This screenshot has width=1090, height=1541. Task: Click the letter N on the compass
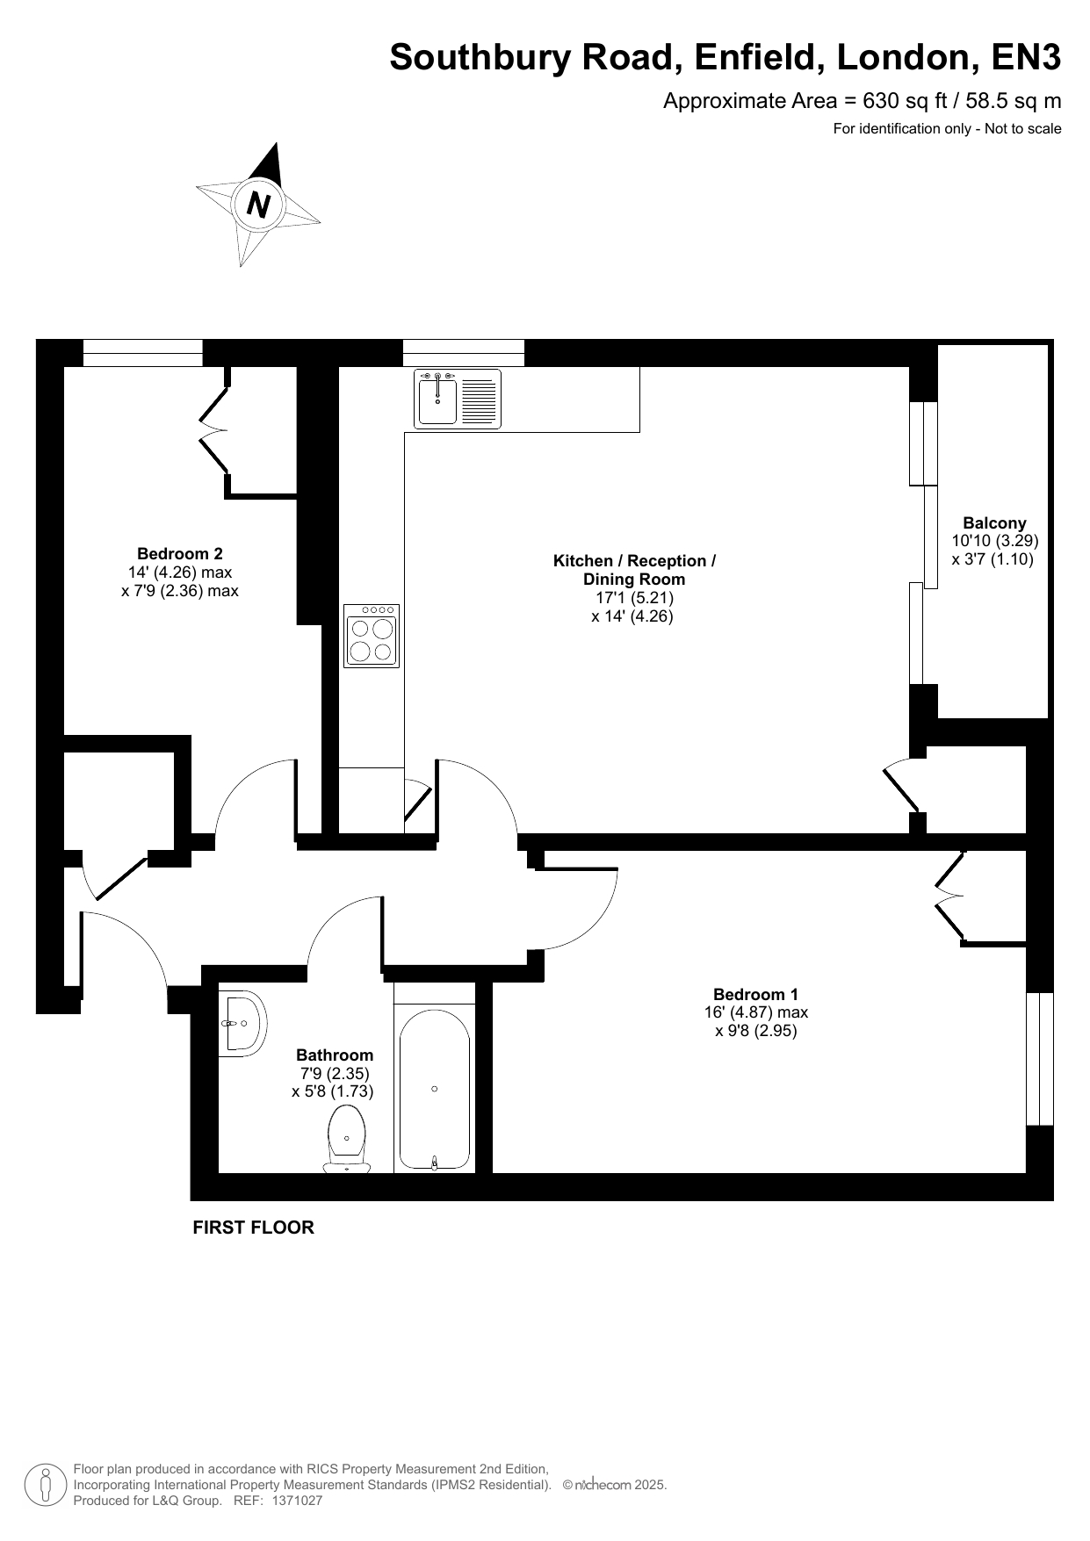tap(258, 205)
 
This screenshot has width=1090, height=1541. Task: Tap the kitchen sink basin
tap(437, 400)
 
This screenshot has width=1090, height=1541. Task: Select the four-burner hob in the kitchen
tap(372, 636)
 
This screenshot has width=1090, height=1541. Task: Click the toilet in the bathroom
tap(347, 1139)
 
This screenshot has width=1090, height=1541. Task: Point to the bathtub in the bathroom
tap(435, 1090)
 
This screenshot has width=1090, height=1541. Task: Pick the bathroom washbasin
tap(243, 1024)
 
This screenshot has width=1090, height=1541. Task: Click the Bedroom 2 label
tap(180, 553)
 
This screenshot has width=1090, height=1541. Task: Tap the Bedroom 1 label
tap(755, 994)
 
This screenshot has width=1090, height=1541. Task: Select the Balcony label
tap(994, 522)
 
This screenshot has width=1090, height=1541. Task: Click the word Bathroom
tap(335, 1055)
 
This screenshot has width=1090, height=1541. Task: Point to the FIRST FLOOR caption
tap(253, 1228)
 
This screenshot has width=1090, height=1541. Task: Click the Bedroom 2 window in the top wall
tap(142, 353)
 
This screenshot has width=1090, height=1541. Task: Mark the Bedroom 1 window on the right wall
tap(1039, 1058)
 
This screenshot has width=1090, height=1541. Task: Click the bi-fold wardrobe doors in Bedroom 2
tap(213, 429)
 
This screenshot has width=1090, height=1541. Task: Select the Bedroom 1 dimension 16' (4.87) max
tap(755, 1012)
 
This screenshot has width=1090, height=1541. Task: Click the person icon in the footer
tap(46, 1484)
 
